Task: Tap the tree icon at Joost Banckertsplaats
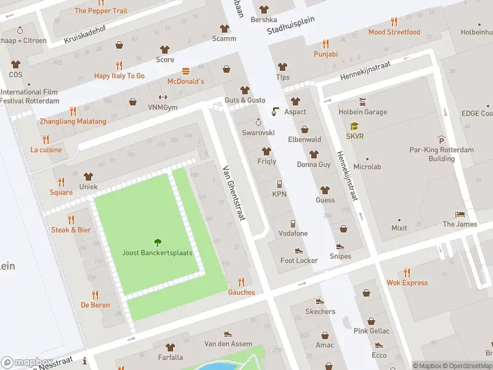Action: coord(157,242)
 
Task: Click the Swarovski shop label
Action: coord(258,133)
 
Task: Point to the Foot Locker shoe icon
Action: coord(299,251)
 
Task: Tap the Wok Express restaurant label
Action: coord(407,282)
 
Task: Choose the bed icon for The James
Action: coord(460,214)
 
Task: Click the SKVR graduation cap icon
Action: coord(354,126)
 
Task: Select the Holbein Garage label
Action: coord(362,112)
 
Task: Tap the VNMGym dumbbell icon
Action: coord(163,97)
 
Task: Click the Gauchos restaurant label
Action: coord(241,292)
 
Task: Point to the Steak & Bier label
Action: coord(71,229)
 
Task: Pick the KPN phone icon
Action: coord(279,184)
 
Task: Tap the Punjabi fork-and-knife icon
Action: coord(325,44)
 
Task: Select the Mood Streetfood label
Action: coord(394,32)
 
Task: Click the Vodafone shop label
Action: coord(293,233)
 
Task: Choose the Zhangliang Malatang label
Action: coord(73,121)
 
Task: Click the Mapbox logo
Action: coord(27,363)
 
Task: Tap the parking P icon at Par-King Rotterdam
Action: coord(441,140)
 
